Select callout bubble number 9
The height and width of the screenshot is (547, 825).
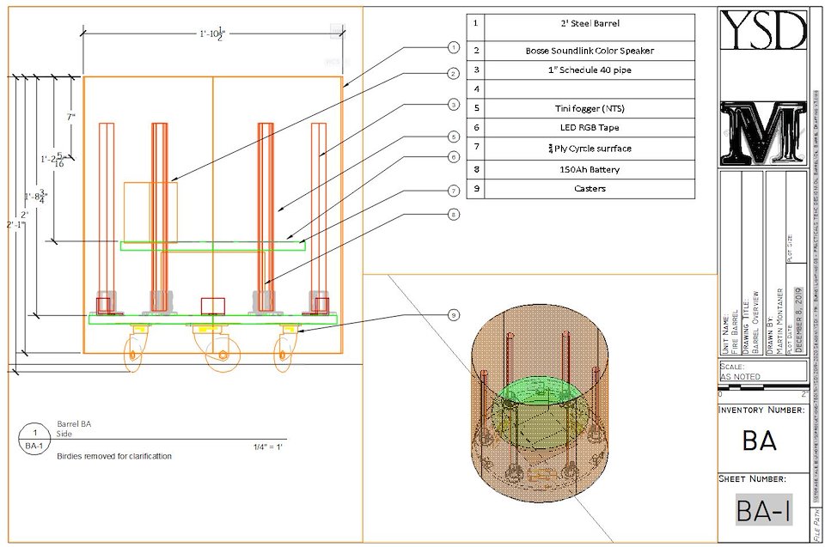click(454, 315)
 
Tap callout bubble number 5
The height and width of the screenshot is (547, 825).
click(454, 137)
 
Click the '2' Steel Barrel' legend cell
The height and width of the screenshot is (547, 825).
click(589, 24)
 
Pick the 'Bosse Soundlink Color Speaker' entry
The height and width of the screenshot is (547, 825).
click(589, 51)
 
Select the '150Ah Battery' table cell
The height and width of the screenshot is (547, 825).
click(589, 169)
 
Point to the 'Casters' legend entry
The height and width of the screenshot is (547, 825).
click(589, 188)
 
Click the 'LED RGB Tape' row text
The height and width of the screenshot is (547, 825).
click(589, 128)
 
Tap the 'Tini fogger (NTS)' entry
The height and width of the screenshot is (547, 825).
click(589, 108)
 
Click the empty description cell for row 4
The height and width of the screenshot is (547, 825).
click(589, 88)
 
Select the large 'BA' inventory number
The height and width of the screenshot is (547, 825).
click(760, 441)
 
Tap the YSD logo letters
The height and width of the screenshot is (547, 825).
click(763, 30)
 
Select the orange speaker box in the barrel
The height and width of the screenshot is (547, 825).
click(150, 211)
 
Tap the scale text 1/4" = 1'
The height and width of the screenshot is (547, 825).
click(268, 447)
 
